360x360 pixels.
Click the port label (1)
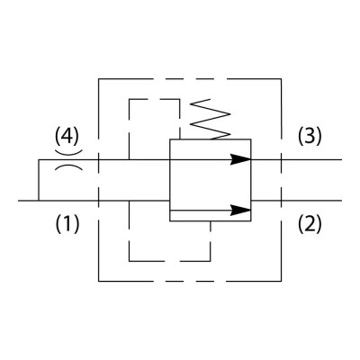(x=67, y=224)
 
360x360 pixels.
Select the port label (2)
(x=310, y=224)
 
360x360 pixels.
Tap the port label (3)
(x=310, y=136)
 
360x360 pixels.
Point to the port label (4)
(x=67, y=136)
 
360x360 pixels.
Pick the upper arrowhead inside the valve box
(x=240, y=159)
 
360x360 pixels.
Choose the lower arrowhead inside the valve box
(x=240, y=211)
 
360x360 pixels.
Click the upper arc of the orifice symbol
(x=68, y=153)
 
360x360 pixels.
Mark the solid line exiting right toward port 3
(x=296, y=159)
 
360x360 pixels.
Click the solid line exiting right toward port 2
(x=296, y=201)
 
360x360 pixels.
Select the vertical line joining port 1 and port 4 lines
(x=39, y=180)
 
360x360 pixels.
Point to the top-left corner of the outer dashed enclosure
(x=99, y=79)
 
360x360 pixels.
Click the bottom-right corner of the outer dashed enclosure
(x=281, y=281)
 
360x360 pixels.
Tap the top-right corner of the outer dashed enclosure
(x=281, y=79)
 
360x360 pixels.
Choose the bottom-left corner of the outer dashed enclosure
(x=99, y=281)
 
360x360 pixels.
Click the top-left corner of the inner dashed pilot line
(x=129, y=99)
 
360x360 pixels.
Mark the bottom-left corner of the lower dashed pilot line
(x=129, y=261)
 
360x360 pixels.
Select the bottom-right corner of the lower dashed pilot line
(x=211, y=261)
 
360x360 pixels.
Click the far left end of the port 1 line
(x=18, y=201)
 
